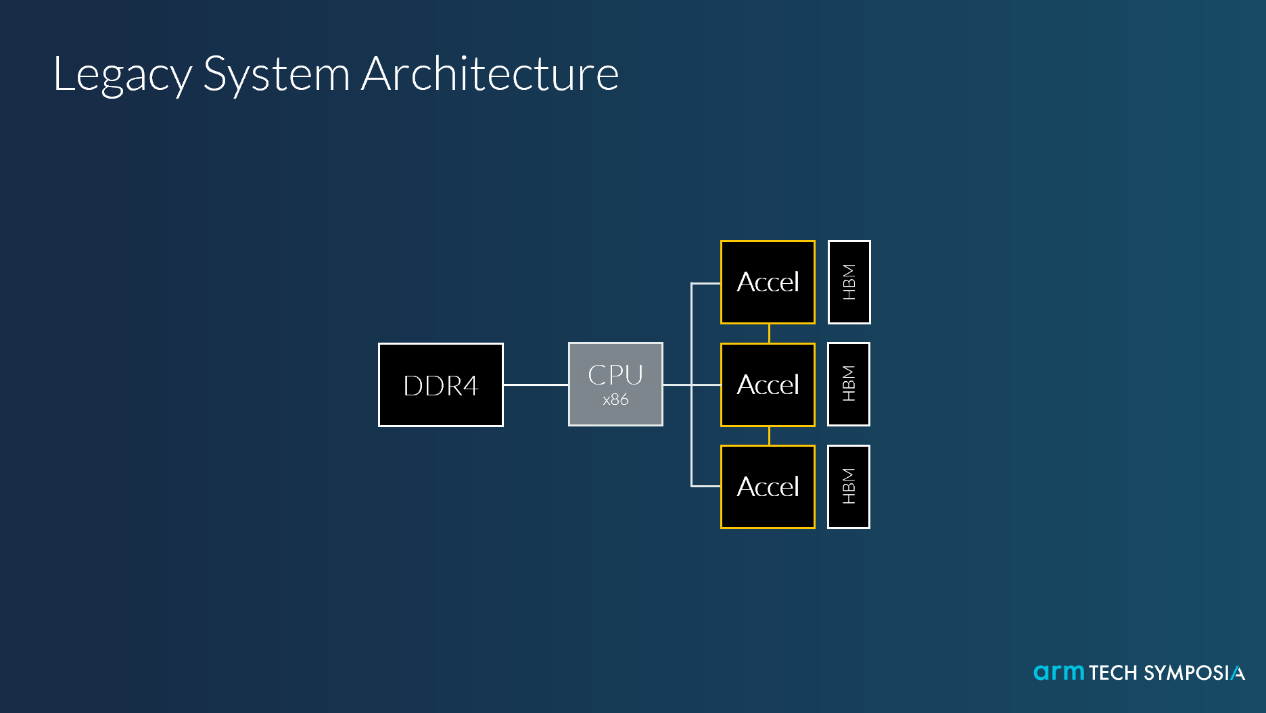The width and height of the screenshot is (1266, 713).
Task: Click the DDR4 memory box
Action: (x=440, y=385)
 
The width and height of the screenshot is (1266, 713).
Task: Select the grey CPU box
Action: (x=615, y=384)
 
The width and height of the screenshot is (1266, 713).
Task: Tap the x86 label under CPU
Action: (x=615, y=399)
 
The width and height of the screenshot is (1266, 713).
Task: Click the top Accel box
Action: (x=768, y=282)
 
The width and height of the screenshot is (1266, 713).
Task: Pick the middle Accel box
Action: (x=768, y=385)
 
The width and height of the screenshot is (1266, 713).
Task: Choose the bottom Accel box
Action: (x=768, y=487)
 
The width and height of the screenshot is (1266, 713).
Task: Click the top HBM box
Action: (x=849, y=282)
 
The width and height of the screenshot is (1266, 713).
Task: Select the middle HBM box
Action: (x=849, y=384)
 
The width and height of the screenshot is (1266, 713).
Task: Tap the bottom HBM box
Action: (x=849, y=487)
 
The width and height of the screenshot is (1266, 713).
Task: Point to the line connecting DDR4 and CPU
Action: (x=536, y=385)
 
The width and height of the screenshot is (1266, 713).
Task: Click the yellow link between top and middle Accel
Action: (x=769, y=333)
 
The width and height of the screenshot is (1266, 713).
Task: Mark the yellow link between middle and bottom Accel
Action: (x=769, y=436)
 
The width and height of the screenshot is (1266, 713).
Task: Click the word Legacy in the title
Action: (x=122, y=74)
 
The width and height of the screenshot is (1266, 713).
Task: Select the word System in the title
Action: (x=276, y=74)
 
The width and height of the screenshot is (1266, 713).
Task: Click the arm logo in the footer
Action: (x=1059, y=672)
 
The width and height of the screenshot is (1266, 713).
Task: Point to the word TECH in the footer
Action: (x=1113, y=673)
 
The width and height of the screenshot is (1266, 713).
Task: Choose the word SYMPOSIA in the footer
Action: (x=1194, y=673)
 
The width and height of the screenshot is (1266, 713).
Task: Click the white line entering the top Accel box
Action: (x=705, y=283)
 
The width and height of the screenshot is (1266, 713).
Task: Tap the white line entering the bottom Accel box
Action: (x=705, y=486)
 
